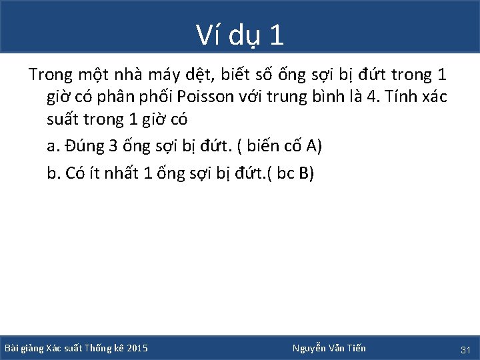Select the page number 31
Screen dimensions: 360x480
tap(466, 349)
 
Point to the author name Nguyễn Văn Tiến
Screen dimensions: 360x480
tap(329, 348)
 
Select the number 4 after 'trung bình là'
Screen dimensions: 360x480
tap(371, 97)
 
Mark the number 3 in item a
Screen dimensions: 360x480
tap(113, 147)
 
